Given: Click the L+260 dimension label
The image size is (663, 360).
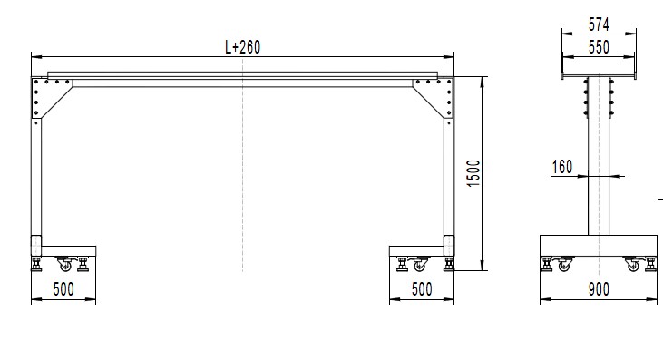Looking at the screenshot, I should [x=242, y=47].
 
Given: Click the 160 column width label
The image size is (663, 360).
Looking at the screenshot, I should [x=561, y=166].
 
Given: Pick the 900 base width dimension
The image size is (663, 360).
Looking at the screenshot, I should [x=598, y=289].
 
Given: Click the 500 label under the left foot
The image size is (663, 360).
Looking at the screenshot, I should [x=63, y=289].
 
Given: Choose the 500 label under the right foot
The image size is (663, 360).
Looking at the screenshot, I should [x=421, y=289].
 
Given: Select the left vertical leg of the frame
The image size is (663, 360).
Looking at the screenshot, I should [x=37, y=177].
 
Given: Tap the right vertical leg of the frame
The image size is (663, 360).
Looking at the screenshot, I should [x=447, y=177].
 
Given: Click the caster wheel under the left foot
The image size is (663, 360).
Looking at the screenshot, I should [x=64, y=265].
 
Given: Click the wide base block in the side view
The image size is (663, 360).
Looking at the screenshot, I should [x=598, y=246].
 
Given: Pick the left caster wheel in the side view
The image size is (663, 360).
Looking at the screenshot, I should [x=564, y=266].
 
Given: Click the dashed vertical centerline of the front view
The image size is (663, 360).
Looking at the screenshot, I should [x=242, y=181].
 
